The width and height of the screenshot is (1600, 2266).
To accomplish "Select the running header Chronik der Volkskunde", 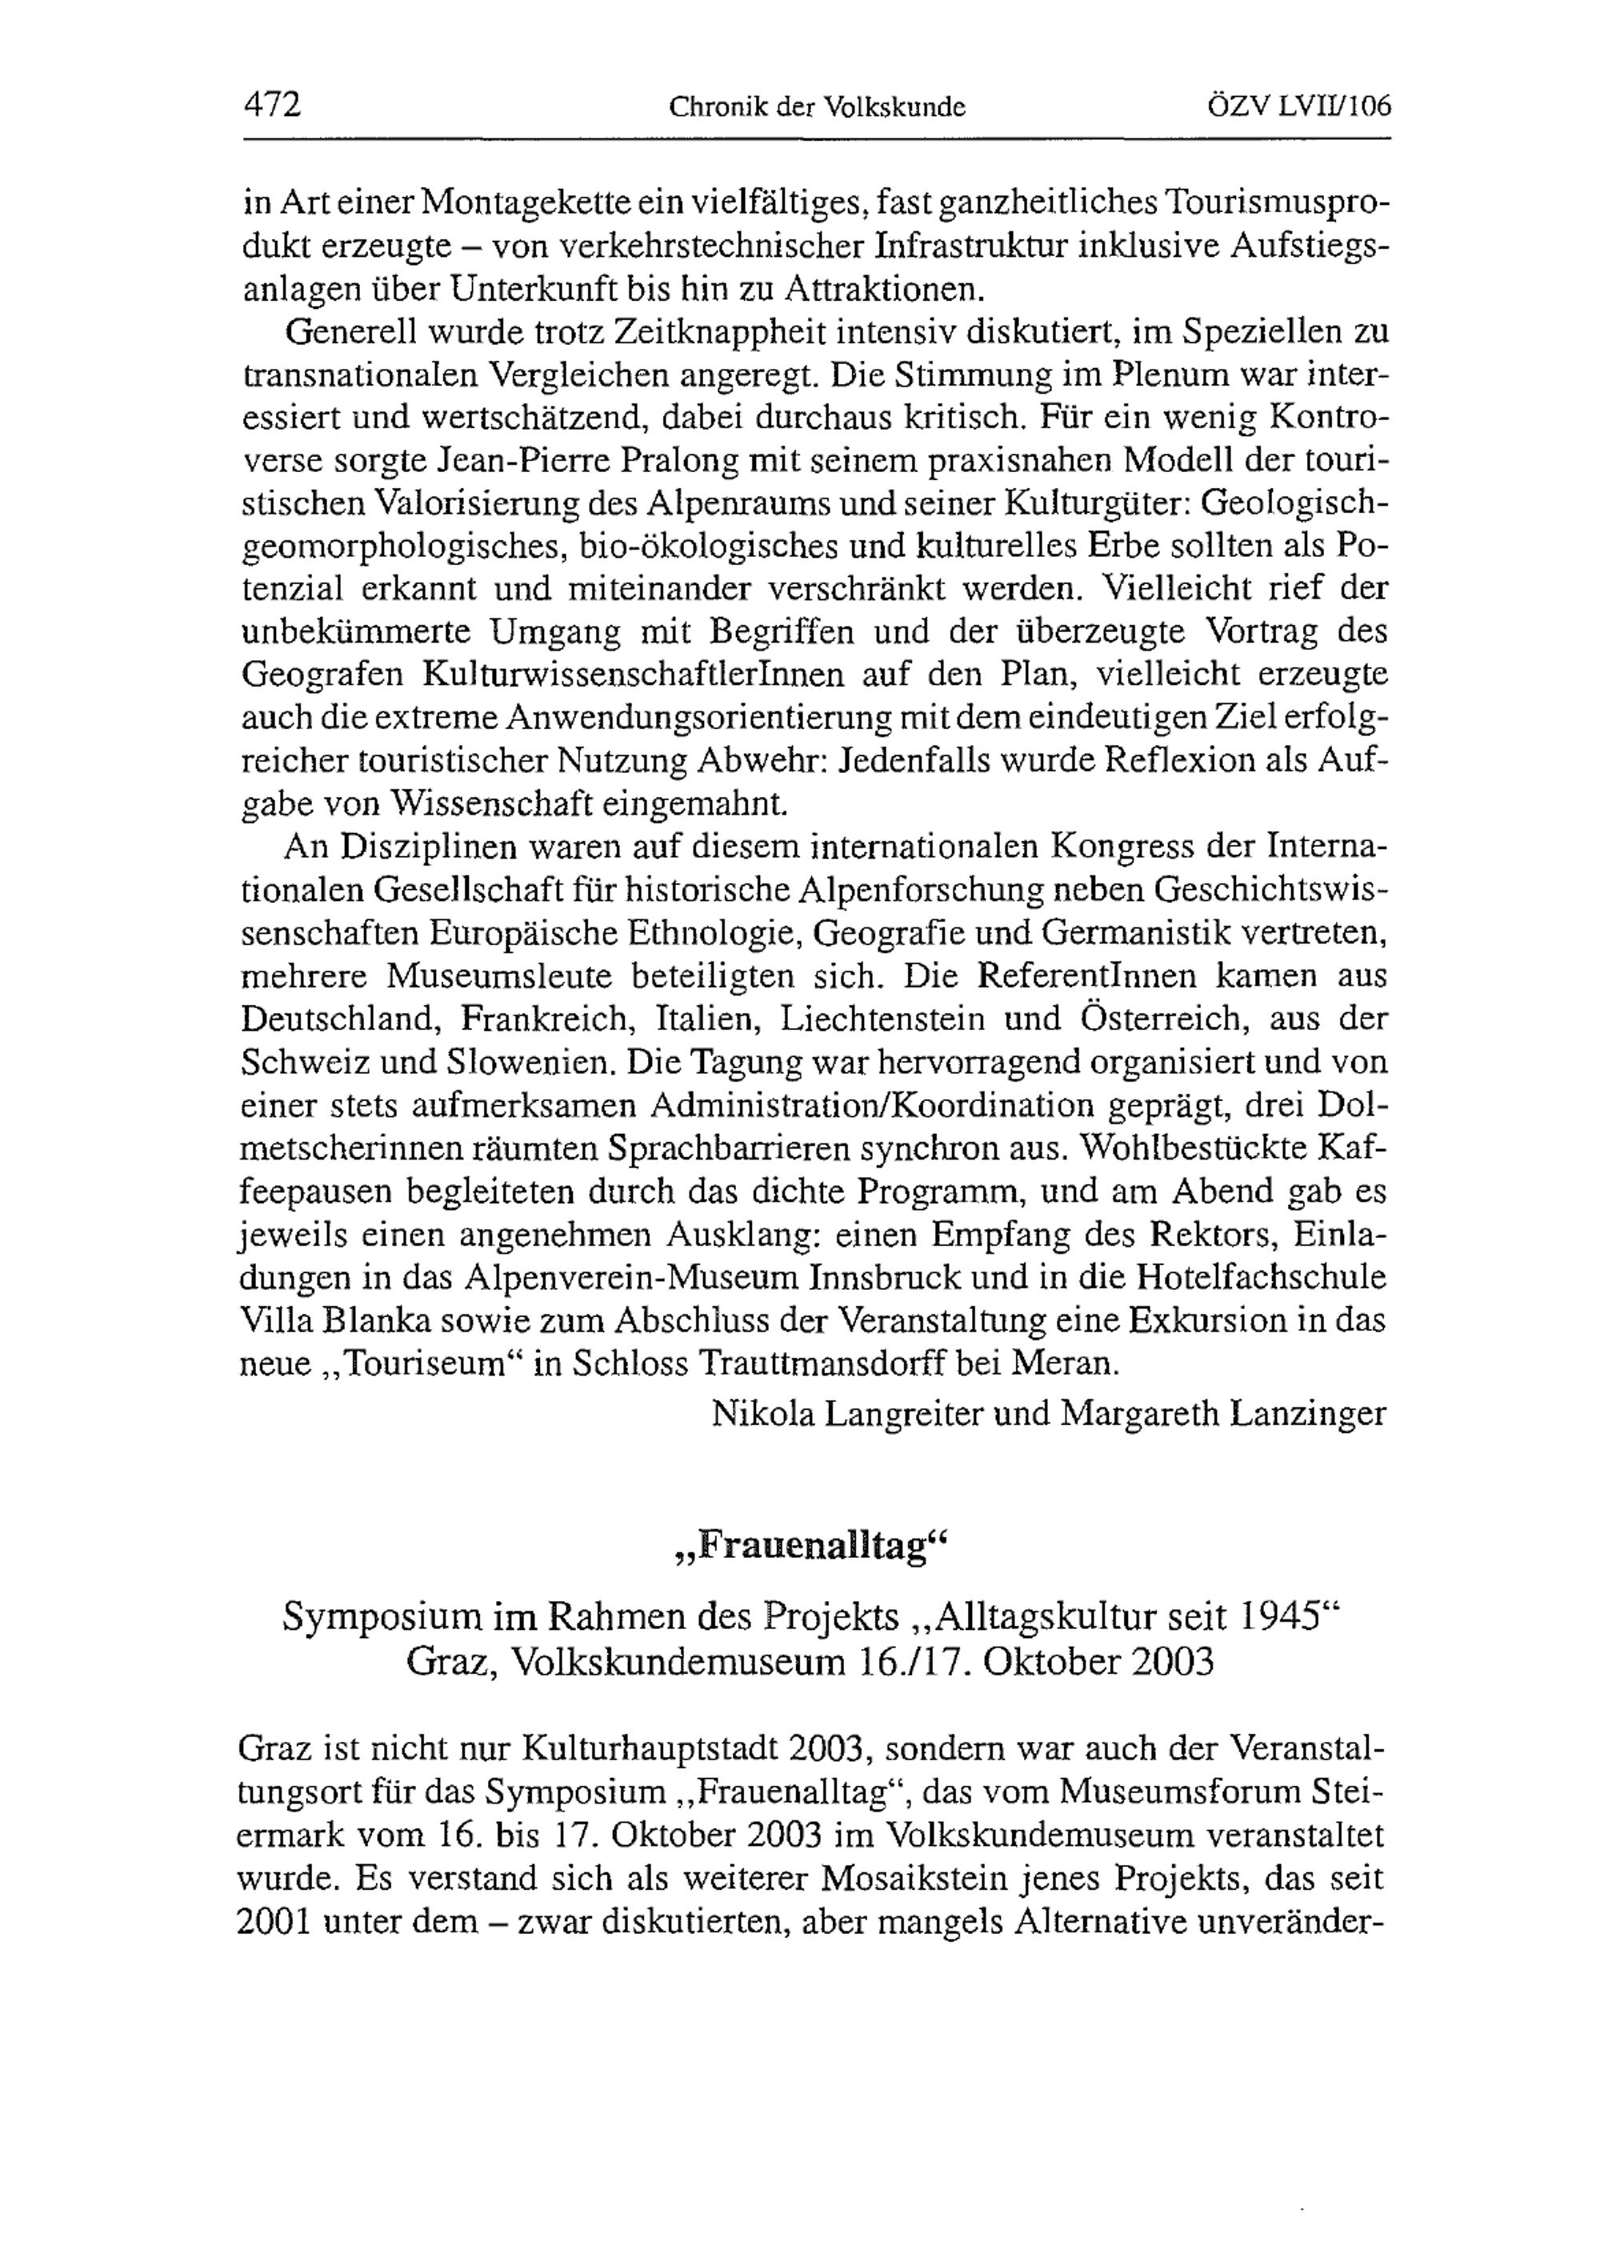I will click(816, 106).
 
